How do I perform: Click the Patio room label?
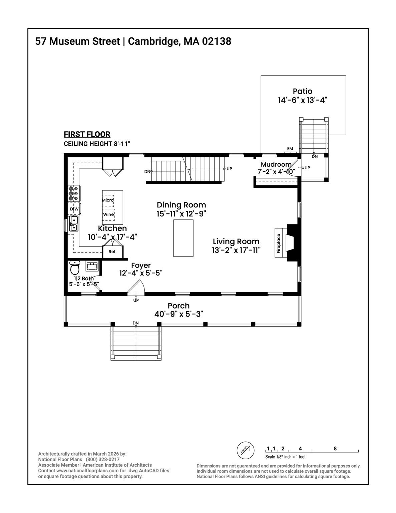point(303,91)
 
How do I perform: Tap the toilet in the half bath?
point(75,268)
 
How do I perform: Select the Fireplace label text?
point(279,243)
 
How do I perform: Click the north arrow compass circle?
point(246,450)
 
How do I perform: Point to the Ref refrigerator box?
point(112,252)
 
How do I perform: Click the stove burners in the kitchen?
point(73,193)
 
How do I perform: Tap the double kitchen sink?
point(74,223)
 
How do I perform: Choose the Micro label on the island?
point(108,200)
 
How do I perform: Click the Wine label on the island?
point(108,215)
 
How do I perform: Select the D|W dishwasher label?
point(74,209)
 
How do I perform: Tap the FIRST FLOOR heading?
point(87,134)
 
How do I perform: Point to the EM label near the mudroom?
point(290,149)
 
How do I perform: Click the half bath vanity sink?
point(92,266)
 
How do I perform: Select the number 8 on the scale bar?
point(335,449)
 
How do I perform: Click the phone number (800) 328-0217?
point(102,460)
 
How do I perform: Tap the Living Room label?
point(236,241)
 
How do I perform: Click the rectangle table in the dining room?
point(183,238)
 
